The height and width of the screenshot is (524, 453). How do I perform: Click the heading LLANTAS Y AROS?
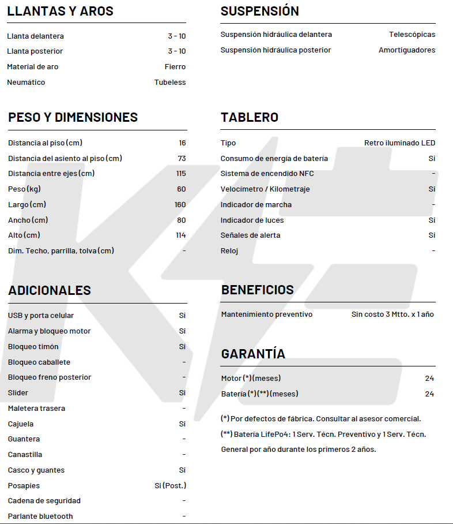pyautogui.click(x=60, y=11)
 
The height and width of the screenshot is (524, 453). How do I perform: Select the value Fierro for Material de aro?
pyautogui.click(x=175, y=67)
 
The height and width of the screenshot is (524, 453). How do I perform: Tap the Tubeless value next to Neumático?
pyautogui.click(x=170, y=83)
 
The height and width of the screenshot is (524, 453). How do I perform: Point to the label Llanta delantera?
pyautogui.click(x=35, y=36)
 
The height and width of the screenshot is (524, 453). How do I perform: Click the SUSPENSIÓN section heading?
pyautogui.click(x=259, y=11)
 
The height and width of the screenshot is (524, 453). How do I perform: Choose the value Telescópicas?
pyautogui.click(x=412, y=35)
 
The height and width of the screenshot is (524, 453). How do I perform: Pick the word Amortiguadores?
pyautogui.click(x=407, y=50)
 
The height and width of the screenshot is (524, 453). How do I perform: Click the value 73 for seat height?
pyautogui.click(x=182, y=158)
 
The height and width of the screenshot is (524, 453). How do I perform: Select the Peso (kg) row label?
pyautogui.click(x=24, y=189)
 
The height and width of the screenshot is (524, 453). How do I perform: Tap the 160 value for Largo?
pyautogui.click(x=180, y=205)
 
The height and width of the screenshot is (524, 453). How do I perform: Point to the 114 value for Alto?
pyautogui.click(x=180, y=235)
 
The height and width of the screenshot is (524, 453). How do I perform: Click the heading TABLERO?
pyautogui.click(x=249, y=117)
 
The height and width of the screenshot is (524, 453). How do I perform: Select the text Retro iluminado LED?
pyautogui.click(x=399, y=143)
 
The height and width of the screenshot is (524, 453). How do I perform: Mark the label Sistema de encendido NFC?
pyautogui.click(x=267, y=174)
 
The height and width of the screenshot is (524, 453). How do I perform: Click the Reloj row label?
pyautogui.click(x=229, y=251)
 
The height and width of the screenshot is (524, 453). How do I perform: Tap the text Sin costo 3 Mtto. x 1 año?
pyautogui.click(x=392, y=315)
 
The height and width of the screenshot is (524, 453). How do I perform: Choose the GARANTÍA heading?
pyautogui.click(x=253, y=354)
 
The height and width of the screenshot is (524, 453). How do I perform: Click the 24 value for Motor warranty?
pyautogui.click(x=429, y=379)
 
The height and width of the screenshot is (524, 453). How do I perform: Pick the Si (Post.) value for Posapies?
pyautogui.click(x=170, y=486)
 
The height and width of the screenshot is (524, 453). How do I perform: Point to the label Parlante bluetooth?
pyautogui.click(x=40, y=516)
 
